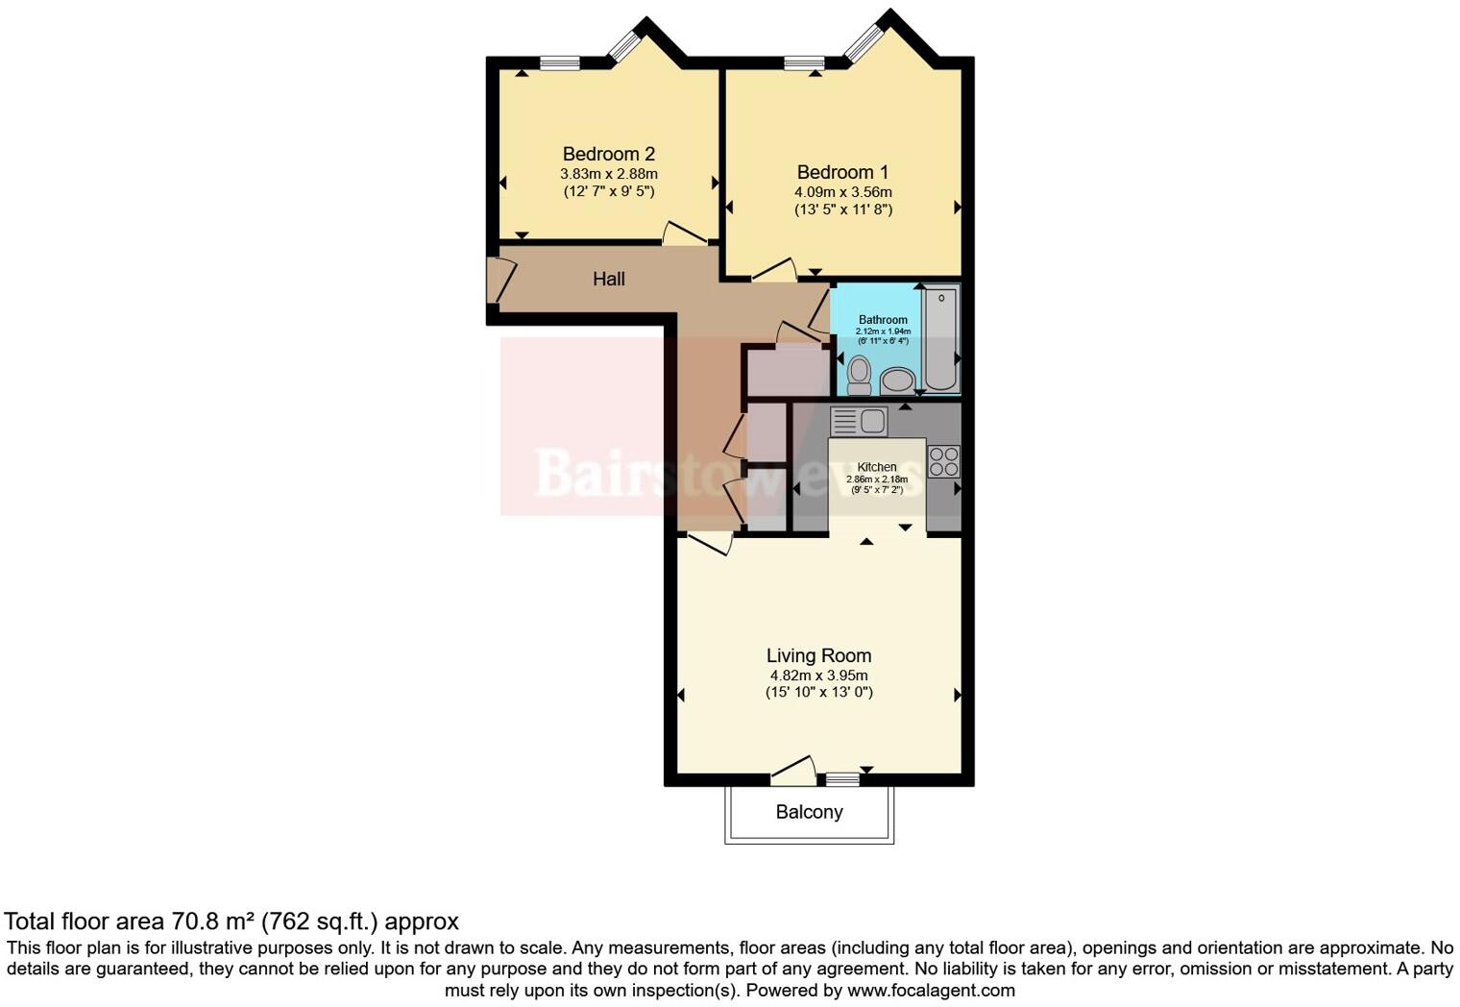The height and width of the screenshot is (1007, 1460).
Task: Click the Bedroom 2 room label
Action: (608, 154)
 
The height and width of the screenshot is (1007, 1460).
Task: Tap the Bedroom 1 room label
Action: (842, 172)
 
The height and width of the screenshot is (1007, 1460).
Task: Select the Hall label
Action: (608, 279)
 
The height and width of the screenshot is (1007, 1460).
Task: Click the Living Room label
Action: (818, 655)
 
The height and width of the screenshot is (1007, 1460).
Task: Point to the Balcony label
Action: (809, 812)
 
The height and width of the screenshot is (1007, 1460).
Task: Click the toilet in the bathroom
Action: (859, 375)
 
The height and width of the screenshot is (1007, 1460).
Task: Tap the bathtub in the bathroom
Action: (940, 338)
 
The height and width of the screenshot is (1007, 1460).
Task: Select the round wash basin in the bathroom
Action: (898, 381)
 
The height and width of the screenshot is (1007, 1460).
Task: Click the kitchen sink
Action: (859, 421)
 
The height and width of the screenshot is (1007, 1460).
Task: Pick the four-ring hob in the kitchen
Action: (943, 461)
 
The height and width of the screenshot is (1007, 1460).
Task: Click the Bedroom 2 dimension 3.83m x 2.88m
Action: (608, 174)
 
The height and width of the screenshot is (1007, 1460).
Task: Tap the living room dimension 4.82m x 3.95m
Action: (818, 675)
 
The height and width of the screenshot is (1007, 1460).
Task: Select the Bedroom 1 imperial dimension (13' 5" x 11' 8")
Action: (842, 209)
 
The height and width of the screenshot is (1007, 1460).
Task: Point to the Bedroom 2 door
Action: (685, 233)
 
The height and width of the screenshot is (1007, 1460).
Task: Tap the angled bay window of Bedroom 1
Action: (864, 40)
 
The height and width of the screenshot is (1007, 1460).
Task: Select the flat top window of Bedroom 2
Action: (559, 63)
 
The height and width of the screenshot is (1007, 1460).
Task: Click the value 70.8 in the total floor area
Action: (191, 921)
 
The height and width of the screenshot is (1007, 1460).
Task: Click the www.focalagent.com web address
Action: (930, 990)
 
